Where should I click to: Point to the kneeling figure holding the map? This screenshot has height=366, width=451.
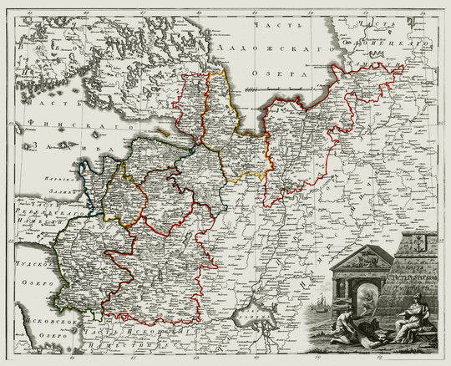(x=347, y=327)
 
